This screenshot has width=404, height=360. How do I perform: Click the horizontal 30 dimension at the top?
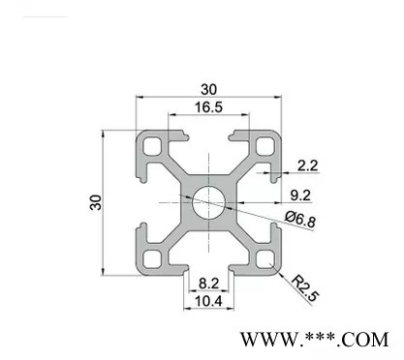[x=208, y=89]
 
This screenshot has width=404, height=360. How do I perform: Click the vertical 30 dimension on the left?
[x=96, y=202]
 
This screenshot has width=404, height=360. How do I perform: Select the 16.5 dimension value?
[x=208, y=107]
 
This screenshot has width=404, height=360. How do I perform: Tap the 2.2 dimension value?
[x=307, y=165]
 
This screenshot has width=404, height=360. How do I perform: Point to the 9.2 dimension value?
[x=300, y=195]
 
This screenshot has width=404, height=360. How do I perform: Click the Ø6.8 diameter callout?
[x=300, y=220]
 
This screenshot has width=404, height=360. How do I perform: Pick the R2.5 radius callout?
[x=305, y=288]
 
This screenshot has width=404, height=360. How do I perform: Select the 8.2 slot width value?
[x=209, y=284]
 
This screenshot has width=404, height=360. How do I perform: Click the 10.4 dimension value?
[x=208, y=301]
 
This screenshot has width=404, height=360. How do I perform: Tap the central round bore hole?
[x=208, y=202]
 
